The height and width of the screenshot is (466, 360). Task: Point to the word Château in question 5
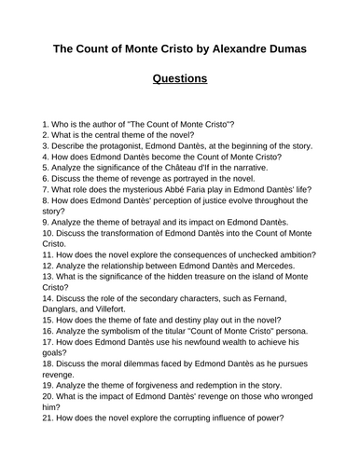(x=199, y=167)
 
